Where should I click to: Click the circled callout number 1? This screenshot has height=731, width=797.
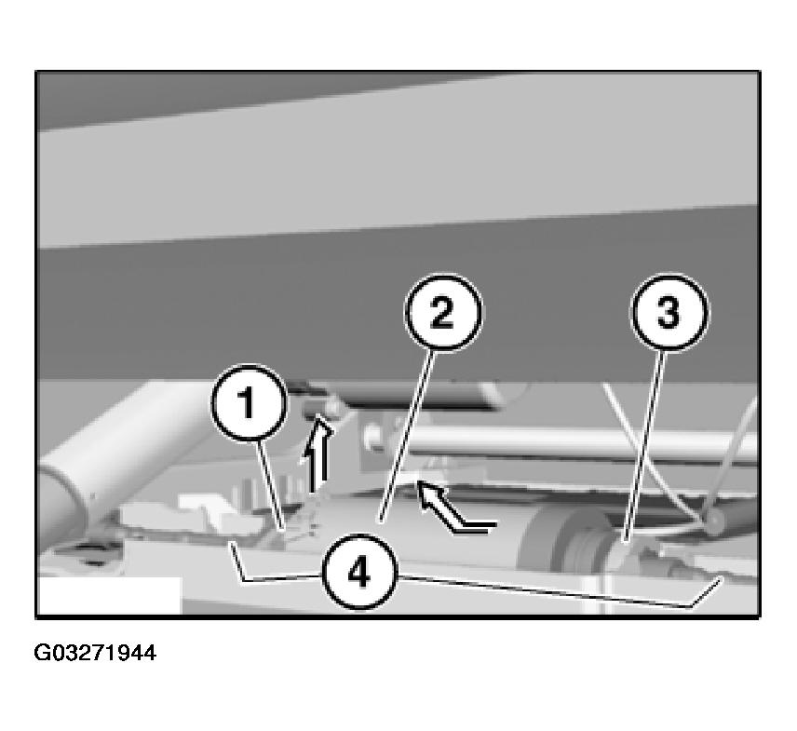249,402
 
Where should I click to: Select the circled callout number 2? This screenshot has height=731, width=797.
443,312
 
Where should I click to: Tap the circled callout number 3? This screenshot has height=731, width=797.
669,312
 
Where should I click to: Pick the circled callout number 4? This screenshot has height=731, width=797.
360,572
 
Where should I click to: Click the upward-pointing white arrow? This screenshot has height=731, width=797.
317,453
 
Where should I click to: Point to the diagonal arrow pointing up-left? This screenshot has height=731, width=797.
454,508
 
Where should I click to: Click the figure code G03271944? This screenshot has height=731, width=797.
95,653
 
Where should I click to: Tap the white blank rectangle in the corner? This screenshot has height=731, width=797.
110,595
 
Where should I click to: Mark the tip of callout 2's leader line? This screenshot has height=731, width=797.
379,521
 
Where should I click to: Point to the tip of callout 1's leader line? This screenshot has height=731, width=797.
283,530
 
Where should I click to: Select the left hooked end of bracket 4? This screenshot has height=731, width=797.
232,543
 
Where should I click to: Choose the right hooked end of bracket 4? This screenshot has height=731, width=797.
722,578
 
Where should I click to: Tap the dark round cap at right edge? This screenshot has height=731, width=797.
715,521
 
